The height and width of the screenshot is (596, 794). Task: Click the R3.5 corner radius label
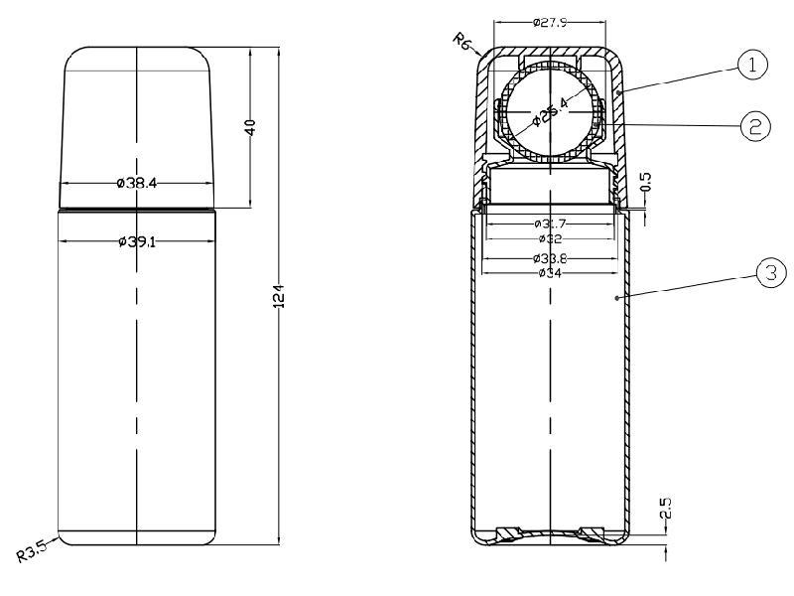pos(33,551)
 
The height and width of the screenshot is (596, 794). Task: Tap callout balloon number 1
pos(751,66)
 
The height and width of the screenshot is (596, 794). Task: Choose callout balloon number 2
pos(753,125)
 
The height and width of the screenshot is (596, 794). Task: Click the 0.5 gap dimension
pos(646,182)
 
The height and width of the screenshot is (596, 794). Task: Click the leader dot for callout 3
pos(617,297)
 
